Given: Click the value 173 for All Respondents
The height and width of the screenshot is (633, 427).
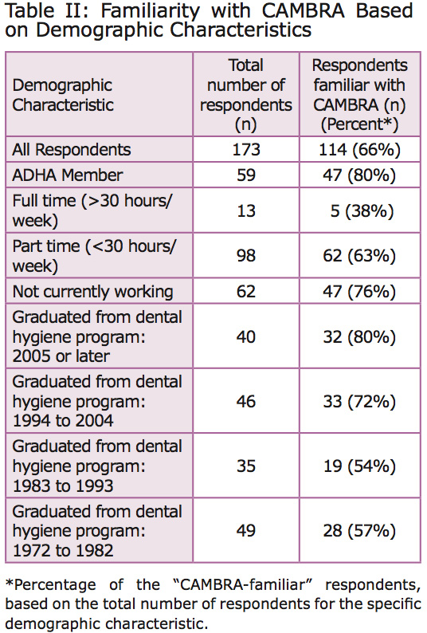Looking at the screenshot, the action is [x=246, y=150].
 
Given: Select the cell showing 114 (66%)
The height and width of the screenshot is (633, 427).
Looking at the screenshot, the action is [x=359, y=150].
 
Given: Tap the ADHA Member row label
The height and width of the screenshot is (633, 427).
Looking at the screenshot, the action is [x=68, y=175].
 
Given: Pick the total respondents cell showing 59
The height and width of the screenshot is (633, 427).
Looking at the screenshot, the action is [x=246, y=175].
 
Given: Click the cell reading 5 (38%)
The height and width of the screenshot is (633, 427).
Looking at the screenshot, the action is [x=362, y=210].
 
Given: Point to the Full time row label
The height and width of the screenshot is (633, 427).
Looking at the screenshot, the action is [x=92, y=210].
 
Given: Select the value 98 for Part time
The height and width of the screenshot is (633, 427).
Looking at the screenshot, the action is [x=246, y=256].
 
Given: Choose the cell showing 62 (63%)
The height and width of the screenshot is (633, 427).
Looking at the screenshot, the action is [x=359, y=256].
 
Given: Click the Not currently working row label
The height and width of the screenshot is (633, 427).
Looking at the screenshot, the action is [x=93, y=292].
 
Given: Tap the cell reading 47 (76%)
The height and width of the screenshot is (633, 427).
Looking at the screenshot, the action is [x=359, y=292].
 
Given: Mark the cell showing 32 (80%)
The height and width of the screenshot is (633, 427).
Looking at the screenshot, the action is [x=359, y=336].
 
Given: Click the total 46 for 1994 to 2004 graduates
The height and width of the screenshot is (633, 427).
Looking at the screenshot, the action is [x=246, y=401].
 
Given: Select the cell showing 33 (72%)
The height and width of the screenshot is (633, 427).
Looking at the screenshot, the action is [x=359, y=401].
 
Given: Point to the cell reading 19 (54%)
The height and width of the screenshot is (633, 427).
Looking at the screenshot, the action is [x=359, y=466].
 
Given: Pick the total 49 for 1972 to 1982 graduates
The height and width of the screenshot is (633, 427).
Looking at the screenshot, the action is [x=246, y=531].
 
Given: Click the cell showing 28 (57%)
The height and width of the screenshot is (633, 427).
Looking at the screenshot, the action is [x=359, y=531].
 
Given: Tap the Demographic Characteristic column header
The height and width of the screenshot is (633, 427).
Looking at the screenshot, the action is [x=63, y=96].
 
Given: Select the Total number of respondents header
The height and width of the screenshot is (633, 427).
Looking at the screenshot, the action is [x=246, y=95].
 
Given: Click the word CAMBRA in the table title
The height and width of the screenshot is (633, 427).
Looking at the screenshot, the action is [x=303, y=11].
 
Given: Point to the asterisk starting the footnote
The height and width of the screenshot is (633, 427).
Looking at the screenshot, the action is [x=9, y=583].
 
